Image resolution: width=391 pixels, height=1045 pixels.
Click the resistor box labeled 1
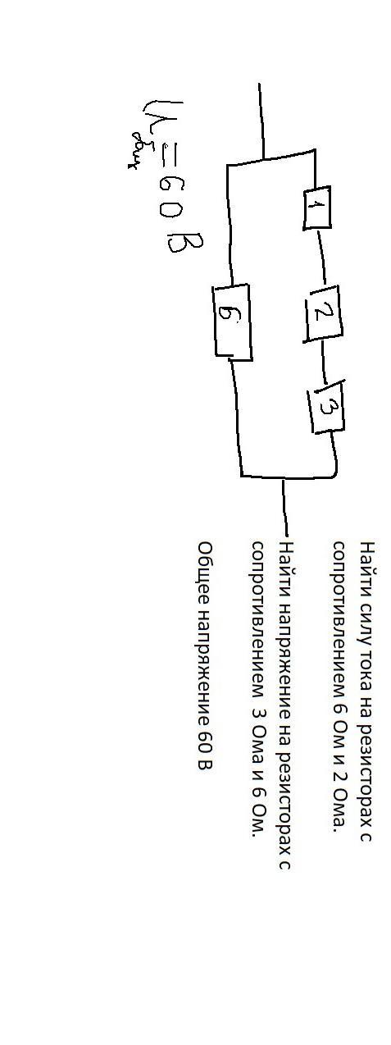click(x=317, y=208)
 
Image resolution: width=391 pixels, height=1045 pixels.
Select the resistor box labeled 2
click(x=324, y=313)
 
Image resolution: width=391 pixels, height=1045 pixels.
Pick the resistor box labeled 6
click(x=232, y=322)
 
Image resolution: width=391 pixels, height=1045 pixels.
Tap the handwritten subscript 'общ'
click(x=140, y=150)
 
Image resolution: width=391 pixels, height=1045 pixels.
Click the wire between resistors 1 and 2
click(x=322, y=258)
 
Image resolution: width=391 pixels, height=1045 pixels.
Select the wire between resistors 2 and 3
click(x=325, y=362)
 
